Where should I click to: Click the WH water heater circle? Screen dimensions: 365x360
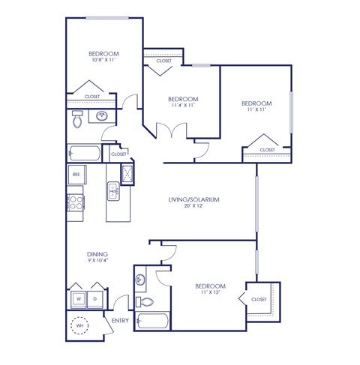[x=79, y=326]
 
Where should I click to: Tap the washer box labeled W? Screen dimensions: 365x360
[x=78, y=298]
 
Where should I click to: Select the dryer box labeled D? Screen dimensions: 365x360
[x=96, y=298]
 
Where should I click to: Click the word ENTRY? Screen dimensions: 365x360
[x=120, y=322]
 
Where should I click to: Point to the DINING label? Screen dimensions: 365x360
[x=97, y=253]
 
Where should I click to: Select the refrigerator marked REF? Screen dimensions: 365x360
[x=76, y=174]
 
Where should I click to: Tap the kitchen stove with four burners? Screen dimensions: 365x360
[x=76, y=201]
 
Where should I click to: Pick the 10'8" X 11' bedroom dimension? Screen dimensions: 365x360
[x=104, y=61]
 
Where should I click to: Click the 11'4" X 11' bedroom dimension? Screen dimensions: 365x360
[x=182, y=106]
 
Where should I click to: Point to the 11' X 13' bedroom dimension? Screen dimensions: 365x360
[x=209, y=294]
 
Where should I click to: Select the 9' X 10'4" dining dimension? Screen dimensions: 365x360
[x=97, y=260]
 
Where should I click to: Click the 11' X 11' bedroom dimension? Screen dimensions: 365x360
[x=256, y=109]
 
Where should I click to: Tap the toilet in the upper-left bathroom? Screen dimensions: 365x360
[x=77, y=118]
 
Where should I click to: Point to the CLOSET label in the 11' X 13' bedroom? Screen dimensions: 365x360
[x=259, y=299]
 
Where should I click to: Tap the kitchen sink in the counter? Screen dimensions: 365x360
[x=113, y=192]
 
